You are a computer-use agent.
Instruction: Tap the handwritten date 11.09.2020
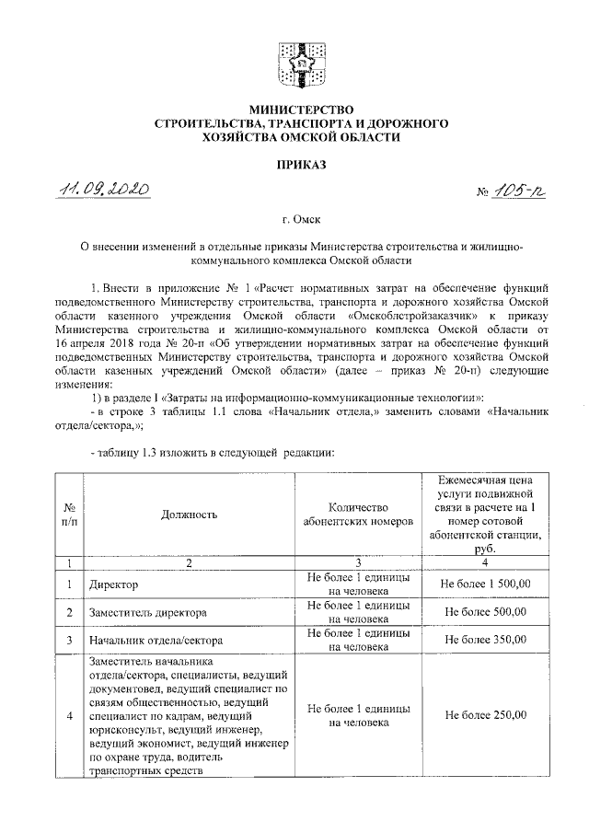point(104,190)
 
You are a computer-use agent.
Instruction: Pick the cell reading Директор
point(111,584)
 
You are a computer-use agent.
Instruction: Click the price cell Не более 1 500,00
point(485,584)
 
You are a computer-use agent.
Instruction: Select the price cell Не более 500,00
point(485,611)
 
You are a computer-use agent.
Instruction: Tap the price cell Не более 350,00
point(485,639)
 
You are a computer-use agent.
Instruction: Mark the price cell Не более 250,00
point(485,715)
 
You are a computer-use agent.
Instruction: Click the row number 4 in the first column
point(69,715)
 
